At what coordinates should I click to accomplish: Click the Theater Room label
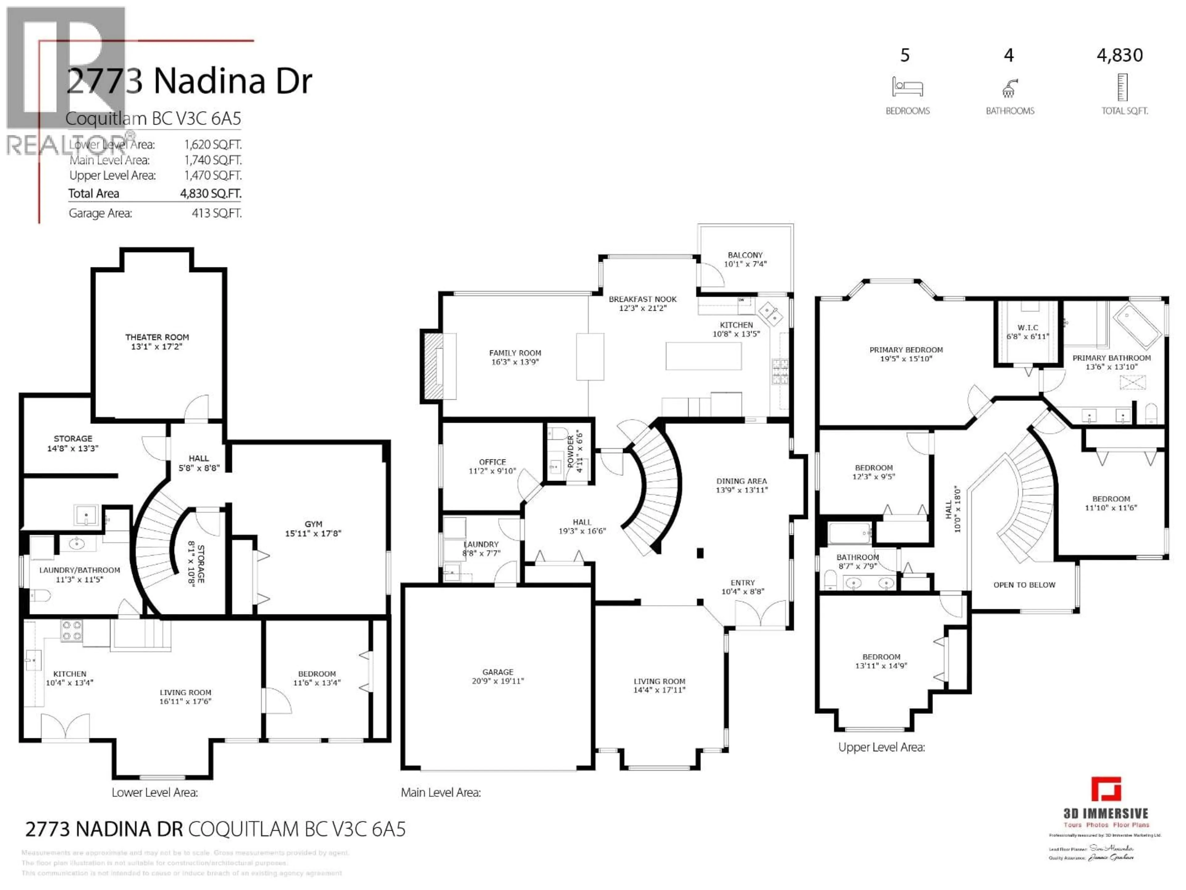(157, 337)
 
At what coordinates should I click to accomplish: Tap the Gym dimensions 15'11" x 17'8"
(313, 533)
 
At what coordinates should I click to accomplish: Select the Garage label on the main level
(498, 672)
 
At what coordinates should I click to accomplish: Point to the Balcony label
(745, 255)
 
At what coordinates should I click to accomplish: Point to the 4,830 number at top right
(1120, 55)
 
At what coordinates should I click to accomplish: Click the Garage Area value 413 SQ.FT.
(217, 213)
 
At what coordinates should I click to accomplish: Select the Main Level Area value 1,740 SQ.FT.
(213, 160)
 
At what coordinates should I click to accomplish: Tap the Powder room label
(570, 451)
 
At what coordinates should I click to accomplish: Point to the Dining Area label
(742, 481)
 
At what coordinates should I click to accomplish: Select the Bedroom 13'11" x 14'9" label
(881, 657)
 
